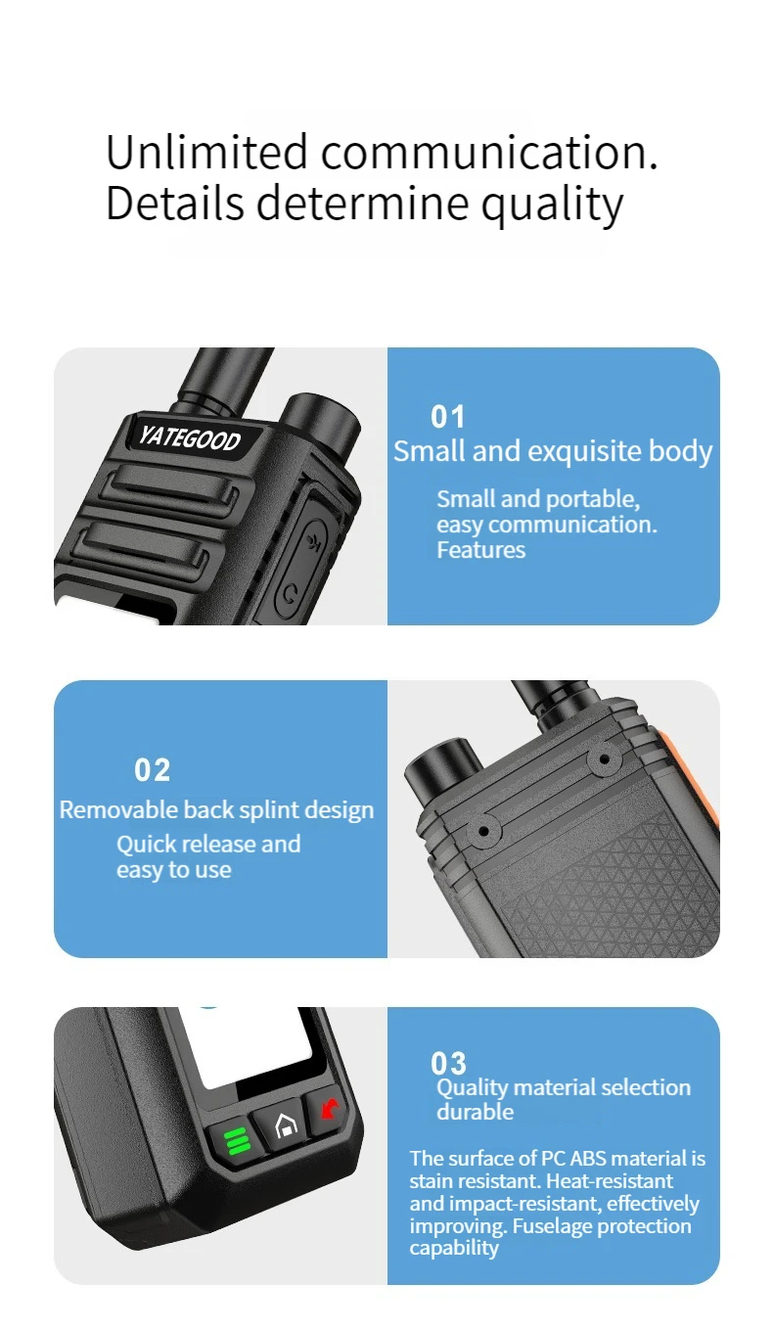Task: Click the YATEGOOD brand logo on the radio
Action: click(x=190, y=437)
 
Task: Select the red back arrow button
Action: click(x=329, y=1106)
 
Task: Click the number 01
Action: click(x=447, y=417)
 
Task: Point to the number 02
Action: click(x=152, y=770)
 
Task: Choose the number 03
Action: click(x=448, y=1063)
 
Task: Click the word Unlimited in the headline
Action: click(x=206, y=152)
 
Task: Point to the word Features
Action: click(x=480, y=550)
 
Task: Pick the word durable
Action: click(x=475, y=1111)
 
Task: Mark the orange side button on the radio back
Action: click(x=688, y=772)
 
